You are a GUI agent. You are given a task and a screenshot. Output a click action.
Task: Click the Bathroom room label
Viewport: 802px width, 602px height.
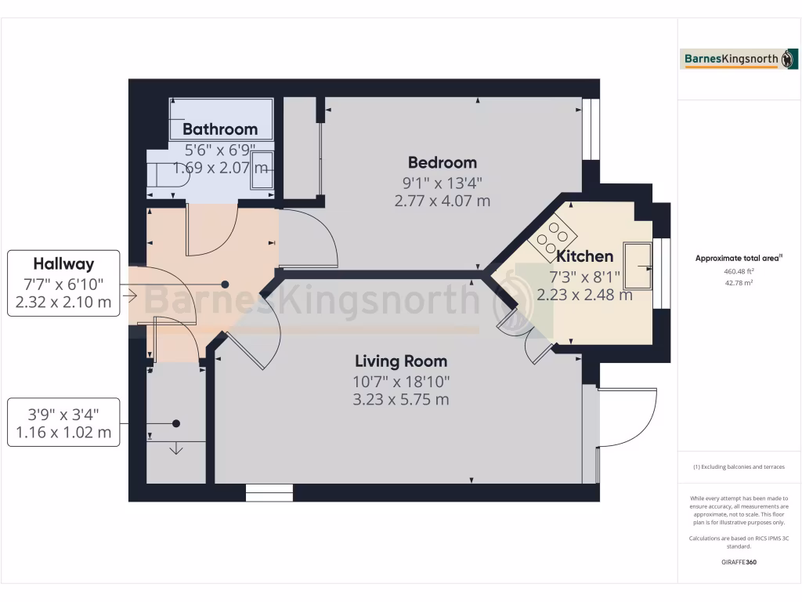(220, 129)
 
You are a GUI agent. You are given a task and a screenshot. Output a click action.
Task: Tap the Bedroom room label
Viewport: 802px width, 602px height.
(442, 163)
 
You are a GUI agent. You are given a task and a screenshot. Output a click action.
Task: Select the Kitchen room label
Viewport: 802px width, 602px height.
(584, 256)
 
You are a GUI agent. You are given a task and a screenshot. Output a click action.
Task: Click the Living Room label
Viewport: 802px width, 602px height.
(401, 361)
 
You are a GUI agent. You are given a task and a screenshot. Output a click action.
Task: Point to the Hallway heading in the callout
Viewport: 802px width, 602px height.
(63, 264)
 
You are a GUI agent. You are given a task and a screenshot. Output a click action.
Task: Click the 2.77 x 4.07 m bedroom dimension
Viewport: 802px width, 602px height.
(442, 201)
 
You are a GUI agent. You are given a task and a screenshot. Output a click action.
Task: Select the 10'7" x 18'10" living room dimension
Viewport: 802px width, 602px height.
(401, 382)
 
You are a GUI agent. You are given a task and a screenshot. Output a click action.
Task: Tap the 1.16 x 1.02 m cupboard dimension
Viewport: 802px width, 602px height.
(63, 432)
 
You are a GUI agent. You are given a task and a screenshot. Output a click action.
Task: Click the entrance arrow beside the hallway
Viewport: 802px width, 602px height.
(130, 296)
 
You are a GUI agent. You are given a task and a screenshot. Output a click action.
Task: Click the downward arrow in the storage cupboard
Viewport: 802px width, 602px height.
(176, 448)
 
